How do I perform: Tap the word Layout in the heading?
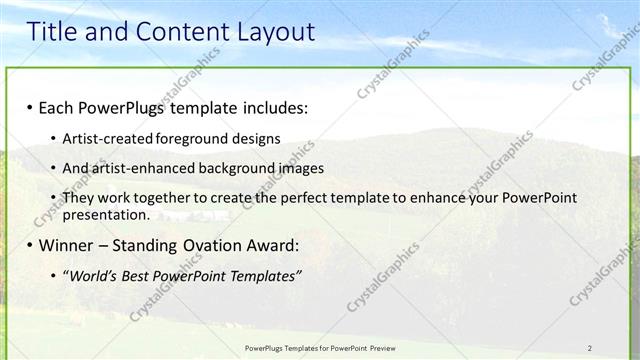click(x=273, y=32)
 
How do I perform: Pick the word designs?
click(x=258, y=138)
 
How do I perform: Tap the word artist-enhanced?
click(x=139, y=168)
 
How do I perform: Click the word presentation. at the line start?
click(x=105, y=214)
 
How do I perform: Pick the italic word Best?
click(x=141, y=275)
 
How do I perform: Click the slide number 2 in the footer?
click(x=590, y=348)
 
